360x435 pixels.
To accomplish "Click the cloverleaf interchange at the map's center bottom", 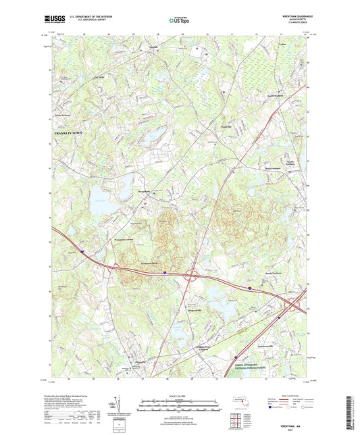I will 191,276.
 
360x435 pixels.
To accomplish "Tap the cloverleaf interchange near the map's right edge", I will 289,307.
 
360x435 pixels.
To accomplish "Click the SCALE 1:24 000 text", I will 180,396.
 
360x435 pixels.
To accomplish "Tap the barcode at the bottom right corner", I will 349,411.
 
